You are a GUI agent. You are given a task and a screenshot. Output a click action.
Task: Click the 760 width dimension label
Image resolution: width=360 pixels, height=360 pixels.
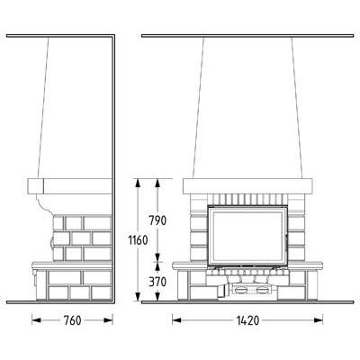point(72,320)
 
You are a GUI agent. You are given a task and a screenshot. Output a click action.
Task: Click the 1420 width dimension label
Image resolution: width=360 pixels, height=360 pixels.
point(247,320)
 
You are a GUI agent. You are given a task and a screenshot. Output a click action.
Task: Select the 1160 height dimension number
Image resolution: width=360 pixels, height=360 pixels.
point(138,240)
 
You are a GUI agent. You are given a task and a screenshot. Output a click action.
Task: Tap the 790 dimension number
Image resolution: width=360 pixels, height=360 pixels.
point(157,220)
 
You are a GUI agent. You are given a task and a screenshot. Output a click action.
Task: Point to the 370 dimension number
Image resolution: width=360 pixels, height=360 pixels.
point(157,282)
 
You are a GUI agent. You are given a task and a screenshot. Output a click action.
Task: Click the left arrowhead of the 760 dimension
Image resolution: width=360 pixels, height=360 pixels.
point(36,320)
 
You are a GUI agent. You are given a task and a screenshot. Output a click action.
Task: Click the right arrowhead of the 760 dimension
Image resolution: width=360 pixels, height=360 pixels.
point(108,320)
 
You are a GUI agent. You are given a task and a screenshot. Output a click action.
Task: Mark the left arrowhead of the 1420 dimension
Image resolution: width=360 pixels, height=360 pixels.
point(177,320)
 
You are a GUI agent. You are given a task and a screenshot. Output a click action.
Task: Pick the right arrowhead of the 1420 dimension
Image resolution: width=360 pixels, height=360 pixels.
point(319,320)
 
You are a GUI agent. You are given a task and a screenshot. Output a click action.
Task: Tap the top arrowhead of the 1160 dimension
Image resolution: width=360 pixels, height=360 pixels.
point(138,184)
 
